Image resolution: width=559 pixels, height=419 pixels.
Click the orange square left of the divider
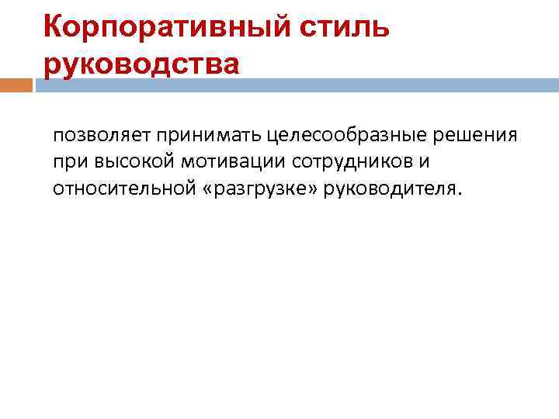tap(16, 85)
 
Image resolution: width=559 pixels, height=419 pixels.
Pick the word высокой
tap(129, 162)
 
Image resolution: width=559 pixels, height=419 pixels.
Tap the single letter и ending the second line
tap(425, 162)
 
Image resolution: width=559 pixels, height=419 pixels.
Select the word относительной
tap(120, 189)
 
